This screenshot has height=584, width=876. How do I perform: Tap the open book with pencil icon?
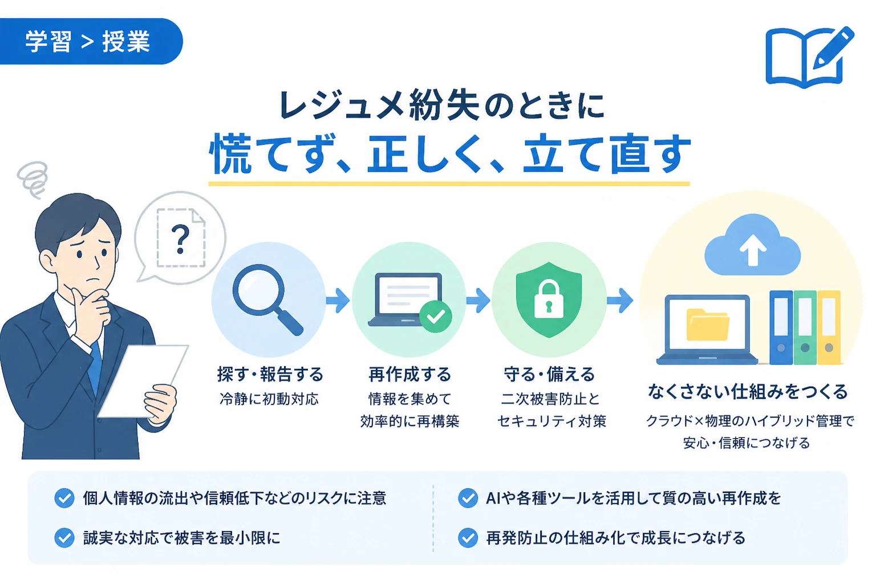pyautogui.click(x=809, y=57)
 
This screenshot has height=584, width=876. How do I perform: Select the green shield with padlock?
pyautogui.click(x=549, y=299)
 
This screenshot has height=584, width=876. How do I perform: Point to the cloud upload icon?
pyautogui.click(x=752, y=245)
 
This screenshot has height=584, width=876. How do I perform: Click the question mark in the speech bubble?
pyautogui.click(x=180, y=240)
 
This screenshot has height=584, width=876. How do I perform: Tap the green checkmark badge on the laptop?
pyautogui.click(x=436, y=317)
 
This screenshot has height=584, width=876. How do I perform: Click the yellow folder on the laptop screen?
pyautogui.click(x=707, y=325)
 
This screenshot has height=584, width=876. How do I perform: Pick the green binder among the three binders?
pyautogui.click(x=805, y=328)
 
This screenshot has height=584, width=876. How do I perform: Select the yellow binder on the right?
pyautogui.click(x=829, y=328)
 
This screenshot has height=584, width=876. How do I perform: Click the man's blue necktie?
pyautogui.click(x=95, y=368)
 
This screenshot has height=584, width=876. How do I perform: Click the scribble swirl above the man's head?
pyautogui.click(x=33, y=180)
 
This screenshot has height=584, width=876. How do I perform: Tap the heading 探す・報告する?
pyautogui.click(x=270, y=374)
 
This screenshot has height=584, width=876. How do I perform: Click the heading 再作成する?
pyautogui.click(x=409, y=374)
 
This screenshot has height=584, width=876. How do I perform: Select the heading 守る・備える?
pyautogui.click(x=549, y=374)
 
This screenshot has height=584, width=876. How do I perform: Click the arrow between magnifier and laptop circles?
pyautogui.click(x=338, y=300)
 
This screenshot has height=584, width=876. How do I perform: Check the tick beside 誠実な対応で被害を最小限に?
pyautogui.click(x=64, y=537)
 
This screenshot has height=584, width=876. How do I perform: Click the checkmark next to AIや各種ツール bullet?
pyautogui.click(x=468, y=498)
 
